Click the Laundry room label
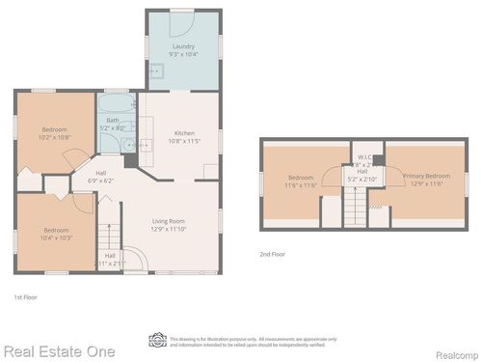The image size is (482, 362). click(x=183, y=46)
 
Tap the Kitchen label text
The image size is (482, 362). click(x=183, y=132)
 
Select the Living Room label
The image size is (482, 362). click(x=168, y=221)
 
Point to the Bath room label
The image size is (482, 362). click(x=113, y=120)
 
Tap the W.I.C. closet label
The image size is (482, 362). click(x=364, y=157)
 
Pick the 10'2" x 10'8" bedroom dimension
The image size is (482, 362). click(x=55, y=137)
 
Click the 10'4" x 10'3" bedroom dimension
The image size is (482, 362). click(x=55, y=237)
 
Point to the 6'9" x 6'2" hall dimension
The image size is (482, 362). click(x=100, y=180)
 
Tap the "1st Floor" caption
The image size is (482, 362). click(x=26, y=295)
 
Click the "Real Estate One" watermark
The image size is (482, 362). click(x=58, y=351)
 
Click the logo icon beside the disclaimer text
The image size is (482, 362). click(x=157, y=340)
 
